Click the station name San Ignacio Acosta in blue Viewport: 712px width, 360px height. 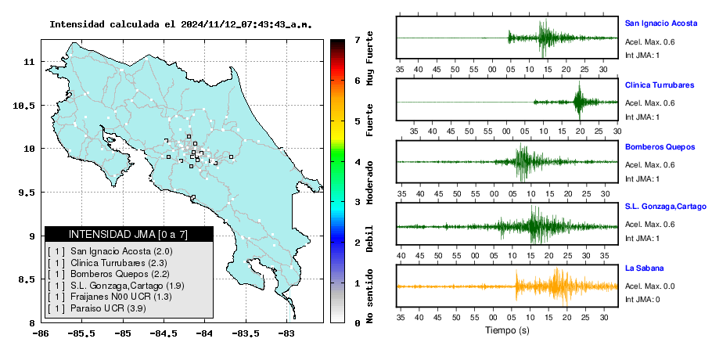coord(660,23)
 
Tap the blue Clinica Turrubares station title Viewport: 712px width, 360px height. coord(660,85)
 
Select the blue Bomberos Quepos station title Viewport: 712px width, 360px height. coord(660,147)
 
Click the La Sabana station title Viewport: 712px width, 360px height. coord(645,268)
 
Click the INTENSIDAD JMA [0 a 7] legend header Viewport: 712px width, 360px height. coord(128,234)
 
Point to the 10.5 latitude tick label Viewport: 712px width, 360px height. coord(25,106)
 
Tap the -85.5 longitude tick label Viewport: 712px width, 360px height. coord(82,333)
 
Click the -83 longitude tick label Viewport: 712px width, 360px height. coord(286,333)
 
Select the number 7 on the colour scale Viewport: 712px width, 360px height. coord(358,40)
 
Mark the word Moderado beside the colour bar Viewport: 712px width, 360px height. coord(369,182)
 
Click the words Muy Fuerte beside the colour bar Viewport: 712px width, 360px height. coord(369,58)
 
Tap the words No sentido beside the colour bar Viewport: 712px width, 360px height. coord(369,296)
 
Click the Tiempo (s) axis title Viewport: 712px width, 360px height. coord(507,330)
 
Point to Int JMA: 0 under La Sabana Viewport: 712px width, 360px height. coord(642,299)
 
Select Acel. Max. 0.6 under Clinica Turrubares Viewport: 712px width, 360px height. coord(649,103)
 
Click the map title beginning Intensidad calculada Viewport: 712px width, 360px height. coord(181,24)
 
